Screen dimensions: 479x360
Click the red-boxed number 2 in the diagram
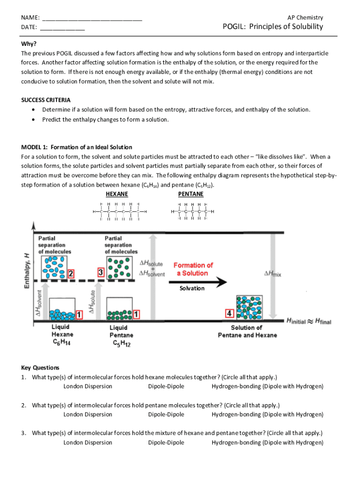pos(71,273)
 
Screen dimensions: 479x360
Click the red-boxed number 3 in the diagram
pos(101,272)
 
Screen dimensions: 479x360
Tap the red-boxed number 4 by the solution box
pos(230,313)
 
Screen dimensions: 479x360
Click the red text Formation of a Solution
pos(193,269)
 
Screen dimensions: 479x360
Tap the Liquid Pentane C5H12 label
pos(122,335)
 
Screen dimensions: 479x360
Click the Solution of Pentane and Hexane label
pos(247,331)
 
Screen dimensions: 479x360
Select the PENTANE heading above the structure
pos(191,193)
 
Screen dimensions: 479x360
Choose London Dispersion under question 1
pos(88,386)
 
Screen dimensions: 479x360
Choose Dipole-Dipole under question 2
pos(166,414)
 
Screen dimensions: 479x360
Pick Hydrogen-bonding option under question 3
pos(267,443)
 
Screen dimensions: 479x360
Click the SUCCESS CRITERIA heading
pos(46,100)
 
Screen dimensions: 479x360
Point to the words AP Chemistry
pos(305,18)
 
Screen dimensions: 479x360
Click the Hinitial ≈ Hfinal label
pos(309,321)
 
